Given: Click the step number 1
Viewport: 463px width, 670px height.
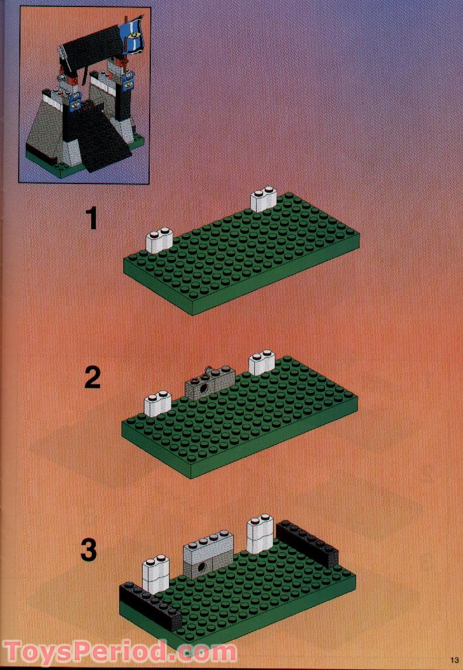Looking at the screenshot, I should click(x=91, y=219).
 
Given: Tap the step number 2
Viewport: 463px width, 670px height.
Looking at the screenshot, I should click(x=92, y=378).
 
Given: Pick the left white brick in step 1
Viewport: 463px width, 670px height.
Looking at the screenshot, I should click(x=157, y=241).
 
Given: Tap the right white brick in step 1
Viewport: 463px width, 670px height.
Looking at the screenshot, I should click(x=263, y=200).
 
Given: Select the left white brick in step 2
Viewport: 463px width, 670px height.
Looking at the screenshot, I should click(x=156, y=404).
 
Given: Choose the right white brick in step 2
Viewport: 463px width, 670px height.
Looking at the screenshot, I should click(x=261, y=362).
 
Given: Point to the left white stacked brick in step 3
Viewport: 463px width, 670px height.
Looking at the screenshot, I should click(x=156, y=571).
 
